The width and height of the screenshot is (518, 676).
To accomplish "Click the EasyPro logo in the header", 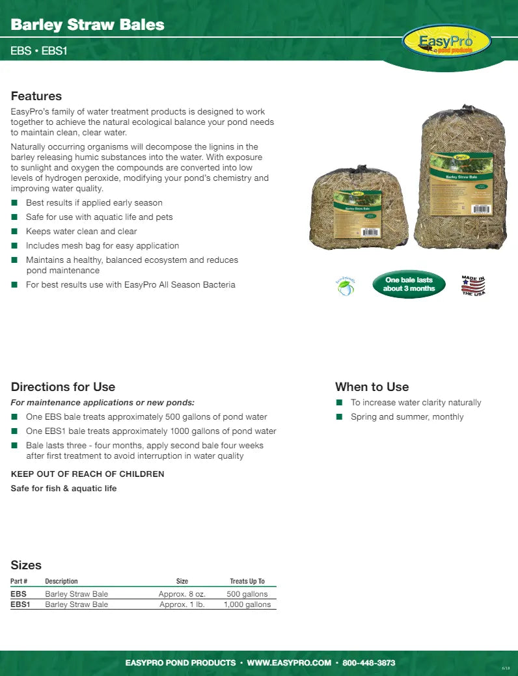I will (x=446, y=42).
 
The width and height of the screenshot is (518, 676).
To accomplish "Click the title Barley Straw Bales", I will (x=87, y=25).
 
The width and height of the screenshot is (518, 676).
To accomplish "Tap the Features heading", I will (x=36, y=96).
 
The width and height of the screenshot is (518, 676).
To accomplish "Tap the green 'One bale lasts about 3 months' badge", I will (x=409, y=284).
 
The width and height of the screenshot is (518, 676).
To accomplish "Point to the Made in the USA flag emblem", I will (x=473, y=285).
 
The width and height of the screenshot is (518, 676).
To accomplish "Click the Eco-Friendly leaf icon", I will (x=345, y=285).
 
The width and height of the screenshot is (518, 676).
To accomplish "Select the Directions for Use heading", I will (x=63, y=386).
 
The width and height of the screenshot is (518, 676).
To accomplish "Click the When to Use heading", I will (x=372, y=386).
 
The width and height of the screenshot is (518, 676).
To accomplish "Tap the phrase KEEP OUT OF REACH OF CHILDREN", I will (x=88, y=474).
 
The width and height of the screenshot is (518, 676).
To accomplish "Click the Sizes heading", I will (x=26, y=565).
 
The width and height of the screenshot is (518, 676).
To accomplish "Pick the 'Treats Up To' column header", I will (x=247, y=581).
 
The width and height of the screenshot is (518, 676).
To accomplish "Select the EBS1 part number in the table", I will (x=21, y=604).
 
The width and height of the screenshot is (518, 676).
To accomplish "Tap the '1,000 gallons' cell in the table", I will (x=247, y=604).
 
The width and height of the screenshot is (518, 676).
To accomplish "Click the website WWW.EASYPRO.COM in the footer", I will (x=290, y=663).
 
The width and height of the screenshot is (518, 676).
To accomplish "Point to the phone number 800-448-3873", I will (x=368, y=663).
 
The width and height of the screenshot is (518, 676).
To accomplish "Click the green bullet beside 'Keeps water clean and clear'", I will (x=14, y=232).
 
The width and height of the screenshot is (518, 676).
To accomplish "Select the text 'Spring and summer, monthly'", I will (x=407, y=416).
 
